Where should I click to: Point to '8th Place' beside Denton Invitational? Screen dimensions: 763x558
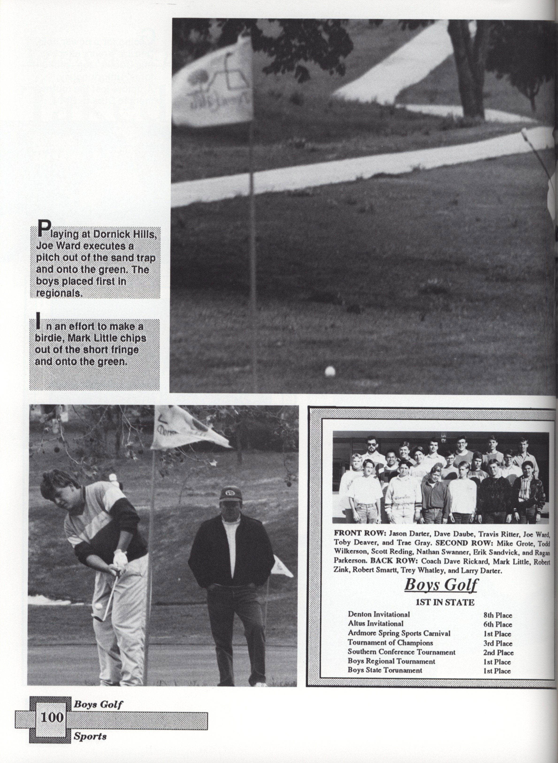pos(497,615)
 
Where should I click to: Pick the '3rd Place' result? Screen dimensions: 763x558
pos(497,644)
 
